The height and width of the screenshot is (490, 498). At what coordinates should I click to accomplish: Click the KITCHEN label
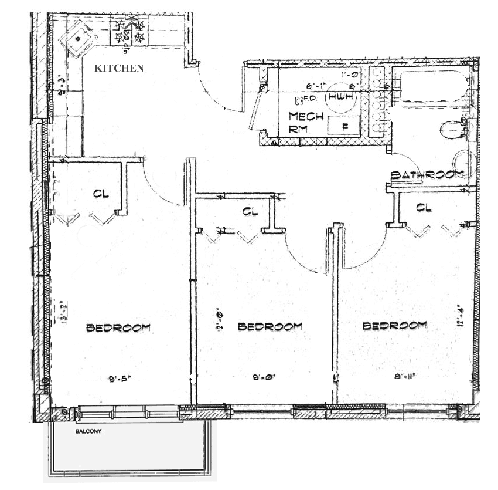pos(119,68)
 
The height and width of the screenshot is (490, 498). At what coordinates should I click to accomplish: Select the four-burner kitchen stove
pos(131,32)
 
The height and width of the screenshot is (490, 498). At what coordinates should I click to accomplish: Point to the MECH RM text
pos(306,121)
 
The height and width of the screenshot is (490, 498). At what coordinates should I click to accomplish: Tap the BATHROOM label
pos(427,174)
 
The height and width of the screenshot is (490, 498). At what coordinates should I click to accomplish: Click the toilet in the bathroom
pos(453,129)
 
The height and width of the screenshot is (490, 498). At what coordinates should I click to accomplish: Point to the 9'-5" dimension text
pos(119,379)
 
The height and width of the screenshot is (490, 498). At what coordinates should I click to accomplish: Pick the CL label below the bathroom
pos(424,207)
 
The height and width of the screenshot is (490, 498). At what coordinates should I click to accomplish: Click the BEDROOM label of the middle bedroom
pos(270,326)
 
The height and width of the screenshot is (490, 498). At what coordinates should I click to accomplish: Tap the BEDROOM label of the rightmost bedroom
pos(395,326)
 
